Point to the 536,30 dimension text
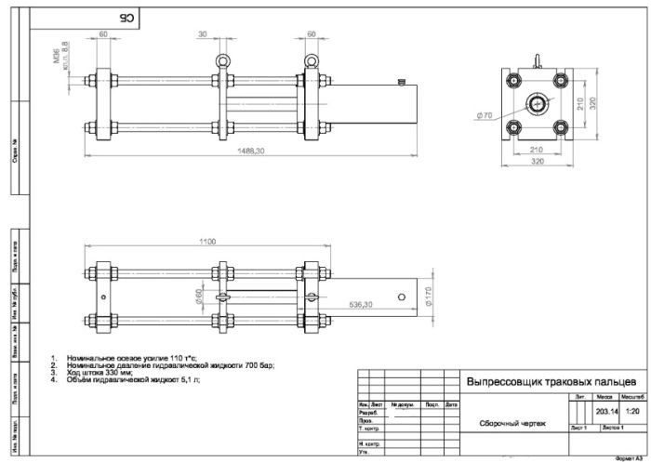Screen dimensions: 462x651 point(360,304)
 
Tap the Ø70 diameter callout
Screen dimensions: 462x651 point(483,115)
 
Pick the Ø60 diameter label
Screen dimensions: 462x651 point(198,297)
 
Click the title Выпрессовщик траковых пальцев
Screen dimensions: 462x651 point(551,382)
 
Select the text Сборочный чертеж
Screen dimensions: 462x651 point(507,424)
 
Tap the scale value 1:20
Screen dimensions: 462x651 point(633,410)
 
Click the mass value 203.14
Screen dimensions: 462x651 point(607,410)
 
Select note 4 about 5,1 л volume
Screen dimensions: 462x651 point(130,379)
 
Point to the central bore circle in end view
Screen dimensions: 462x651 point(539,103)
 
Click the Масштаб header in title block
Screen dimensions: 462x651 point(633,397)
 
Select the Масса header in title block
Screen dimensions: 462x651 point(606,397)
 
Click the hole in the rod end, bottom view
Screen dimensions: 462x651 point(401,297)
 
